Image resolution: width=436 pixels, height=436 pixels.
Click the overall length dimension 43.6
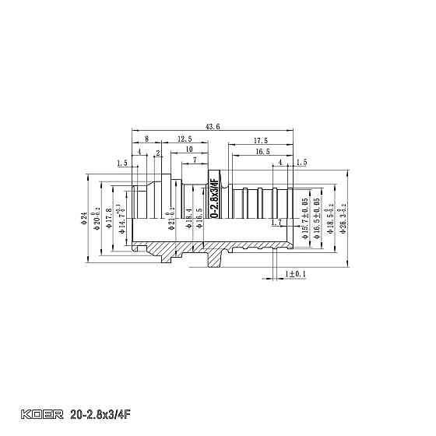212,126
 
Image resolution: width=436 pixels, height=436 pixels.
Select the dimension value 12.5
185,139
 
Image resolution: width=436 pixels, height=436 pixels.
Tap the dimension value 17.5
261,140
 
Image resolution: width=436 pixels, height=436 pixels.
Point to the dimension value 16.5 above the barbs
262,152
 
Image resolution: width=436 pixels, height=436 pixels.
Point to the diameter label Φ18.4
189,217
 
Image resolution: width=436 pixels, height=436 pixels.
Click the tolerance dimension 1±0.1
296,274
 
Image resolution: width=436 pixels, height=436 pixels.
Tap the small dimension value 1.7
278,223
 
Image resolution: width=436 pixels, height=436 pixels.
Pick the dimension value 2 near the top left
158,153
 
